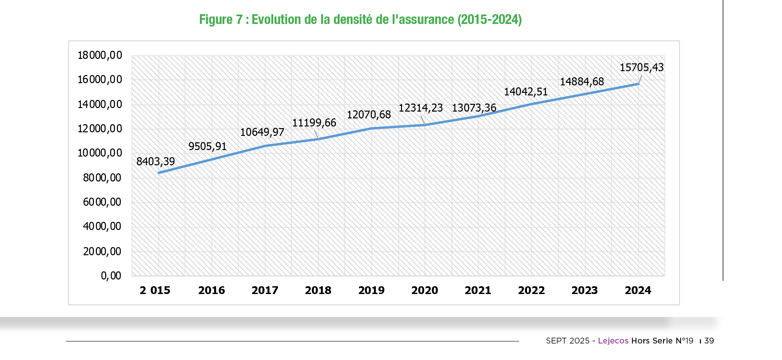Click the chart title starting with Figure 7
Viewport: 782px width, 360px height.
click(x=360, y=19)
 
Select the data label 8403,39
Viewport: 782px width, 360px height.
click(x=156, y=161)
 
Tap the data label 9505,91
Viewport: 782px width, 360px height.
click(x=207, y=146)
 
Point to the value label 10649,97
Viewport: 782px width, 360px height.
click(x=262, y=132)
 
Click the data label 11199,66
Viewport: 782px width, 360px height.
click(x=314, y=123)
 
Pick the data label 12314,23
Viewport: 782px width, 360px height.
click(x=420, y=108)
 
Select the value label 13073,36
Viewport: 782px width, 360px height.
click(x=474, y=108)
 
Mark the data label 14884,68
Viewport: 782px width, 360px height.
click(x=582, y=82)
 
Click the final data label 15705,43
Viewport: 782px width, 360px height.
click(x=642, y=67)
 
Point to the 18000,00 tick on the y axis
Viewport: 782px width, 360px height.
click(x=100, y=55)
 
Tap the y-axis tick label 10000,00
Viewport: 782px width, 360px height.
click(x=100, y=153)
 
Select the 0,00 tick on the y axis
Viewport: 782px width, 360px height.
click(x=111, y=276)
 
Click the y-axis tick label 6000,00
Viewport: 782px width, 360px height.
click(x=102, y=202)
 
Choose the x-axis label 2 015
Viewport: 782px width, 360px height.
click(x=155, y=290)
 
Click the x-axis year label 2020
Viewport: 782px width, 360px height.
click(x=425, y=290)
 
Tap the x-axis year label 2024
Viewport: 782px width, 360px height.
click(x=638, y=290)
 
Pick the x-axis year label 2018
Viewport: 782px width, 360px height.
click(x=318, y=290)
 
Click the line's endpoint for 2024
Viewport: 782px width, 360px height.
click(x=638, y=84)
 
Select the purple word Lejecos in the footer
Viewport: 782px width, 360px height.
click(x=613, y=341)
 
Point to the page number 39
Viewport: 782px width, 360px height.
click(x=709, y=341)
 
